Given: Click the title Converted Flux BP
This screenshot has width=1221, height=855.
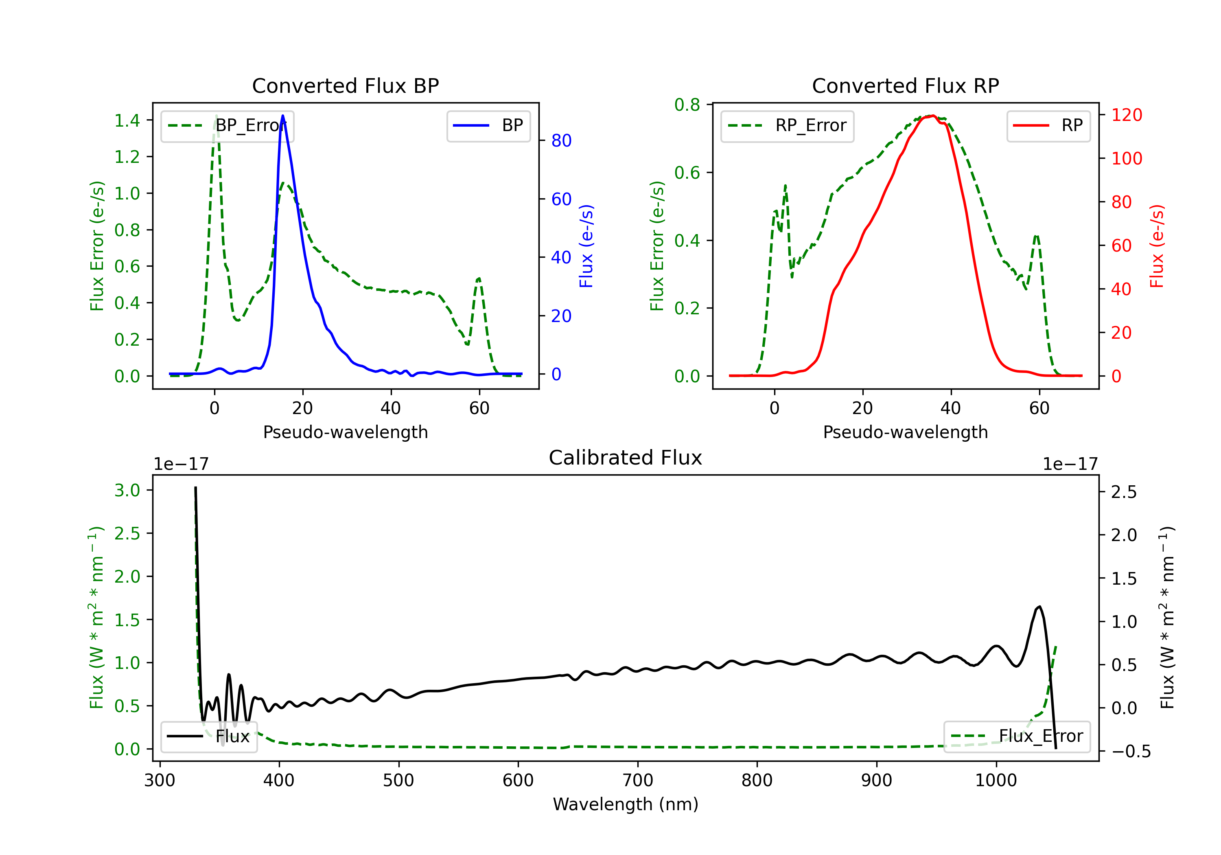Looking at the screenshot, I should pyautogui.click(x=345, y=85).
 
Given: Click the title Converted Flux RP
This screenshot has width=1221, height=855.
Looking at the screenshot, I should pyautogui.click(x=905, y=85).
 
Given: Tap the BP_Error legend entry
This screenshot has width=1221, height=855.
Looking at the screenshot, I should pyautogui.click(x=228, y=125).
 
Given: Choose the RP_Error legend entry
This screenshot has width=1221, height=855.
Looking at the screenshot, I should pyautogui.click(x=787, y=125).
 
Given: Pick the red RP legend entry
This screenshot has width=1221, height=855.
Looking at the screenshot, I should pyautogui.click(x=1048, y=125).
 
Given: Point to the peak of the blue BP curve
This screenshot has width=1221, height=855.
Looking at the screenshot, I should pyautogui.click(x=282, y=116).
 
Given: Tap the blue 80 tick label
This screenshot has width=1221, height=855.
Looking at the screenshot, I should pyautogui.click(x=561, y=140).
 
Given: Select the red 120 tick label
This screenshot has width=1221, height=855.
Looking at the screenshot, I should pyautogui.click(x=1126, y=115).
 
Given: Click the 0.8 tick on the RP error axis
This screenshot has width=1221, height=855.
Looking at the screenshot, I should pyautogui.click(x=687, y=105).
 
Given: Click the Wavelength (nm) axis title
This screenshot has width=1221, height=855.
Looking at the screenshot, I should pyautogui.click(x=626, y=805).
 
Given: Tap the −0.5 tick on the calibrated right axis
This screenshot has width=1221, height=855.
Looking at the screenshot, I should pyautogui.click(x=1131, y=751).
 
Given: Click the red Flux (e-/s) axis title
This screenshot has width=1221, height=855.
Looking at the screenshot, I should pyautogui.click(x=1157, y=246).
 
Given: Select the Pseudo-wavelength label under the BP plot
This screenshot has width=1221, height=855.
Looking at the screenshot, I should pyautogui.click(x=345, y=432).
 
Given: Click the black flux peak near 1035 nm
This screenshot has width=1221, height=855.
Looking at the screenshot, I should pyautogui.click(x=1039, y=607).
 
